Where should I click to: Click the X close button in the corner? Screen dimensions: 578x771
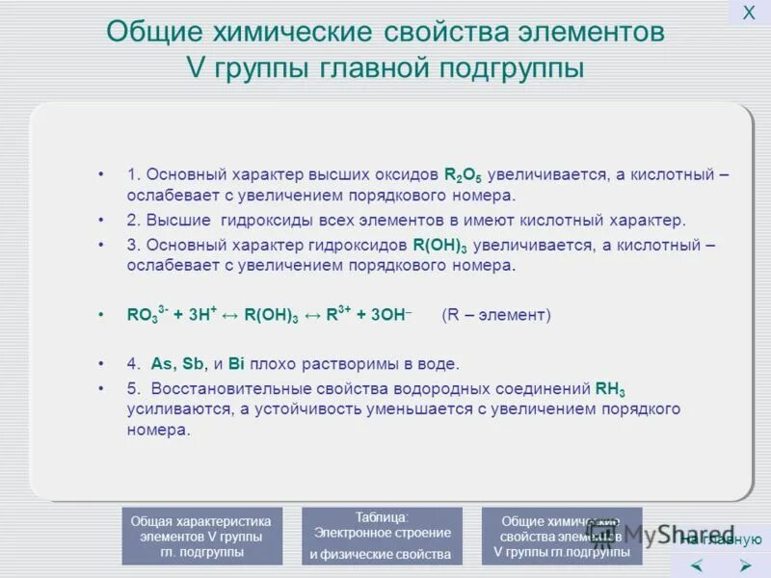(748, 13)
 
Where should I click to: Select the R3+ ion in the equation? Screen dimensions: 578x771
(338, 314)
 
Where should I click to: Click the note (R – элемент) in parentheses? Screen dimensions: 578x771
(495, 314)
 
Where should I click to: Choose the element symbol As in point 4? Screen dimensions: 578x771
(161, 364)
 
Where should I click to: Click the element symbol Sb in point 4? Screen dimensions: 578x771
(194, 364)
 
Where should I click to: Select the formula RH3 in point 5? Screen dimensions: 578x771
(610, 389)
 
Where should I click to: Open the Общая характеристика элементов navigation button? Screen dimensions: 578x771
(201, 536)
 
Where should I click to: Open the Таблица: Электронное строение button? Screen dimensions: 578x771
(382, 536)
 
